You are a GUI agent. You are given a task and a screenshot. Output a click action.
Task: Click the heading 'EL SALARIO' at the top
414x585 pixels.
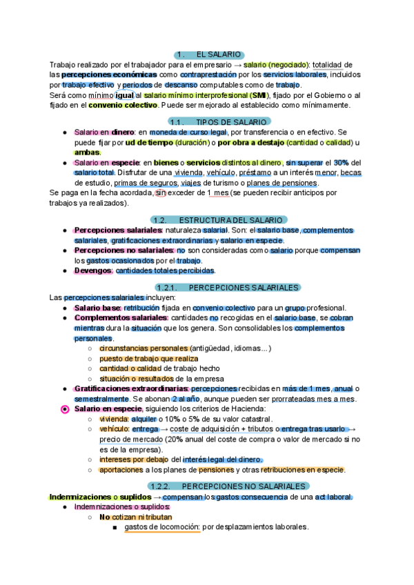[218, 54]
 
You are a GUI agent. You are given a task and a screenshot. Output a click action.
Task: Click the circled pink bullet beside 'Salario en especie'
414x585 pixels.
[65, 409]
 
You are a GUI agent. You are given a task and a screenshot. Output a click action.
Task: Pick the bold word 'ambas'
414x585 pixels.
[87, 152]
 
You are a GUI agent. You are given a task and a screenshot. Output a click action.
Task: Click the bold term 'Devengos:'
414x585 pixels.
[93, 270]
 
